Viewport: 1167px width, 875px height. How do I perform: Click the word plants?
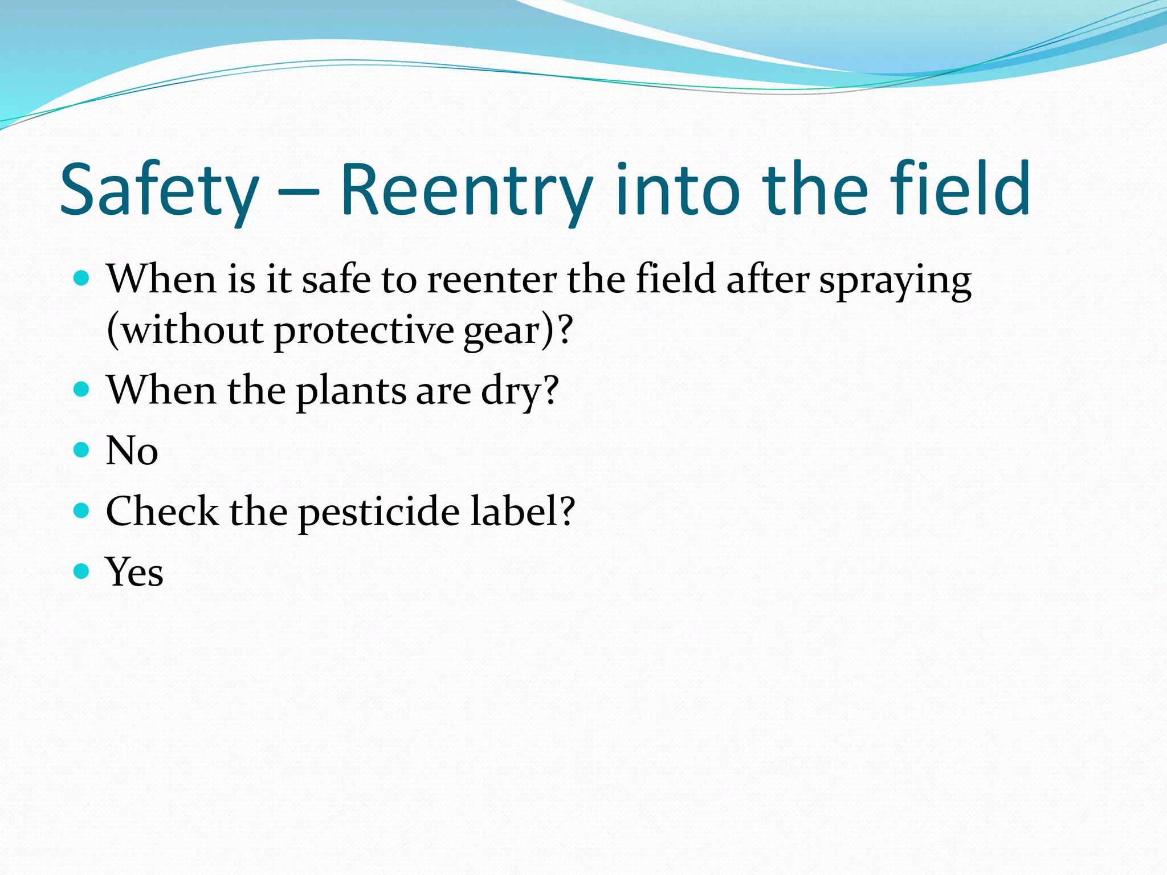351,392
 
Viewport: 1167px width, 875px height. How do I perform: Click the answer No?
132,451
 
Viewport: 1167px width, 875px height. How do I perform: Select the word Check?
162,511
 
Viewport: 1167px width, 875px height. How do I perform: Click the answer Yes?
134,572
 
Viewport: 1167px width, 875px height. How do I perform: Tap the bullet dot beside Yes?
82,571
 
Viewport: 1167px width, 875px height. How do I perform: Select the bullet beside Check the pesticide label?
82,510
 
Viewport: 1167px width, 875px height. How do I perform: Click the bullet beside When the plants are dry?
82,390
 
